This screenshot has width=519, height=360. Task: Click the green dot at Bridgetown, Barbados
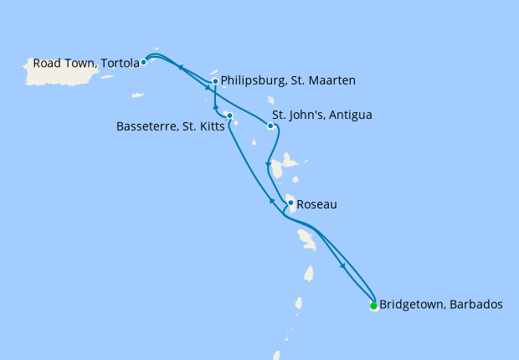pyautogui.click(x=373, y=306)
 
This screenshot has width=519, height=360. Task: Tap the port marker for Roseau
pyautogui.click(x=290, y=203)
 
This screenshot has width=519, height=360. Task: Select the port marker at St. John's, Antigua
pyautogui.click(x=270, y=126)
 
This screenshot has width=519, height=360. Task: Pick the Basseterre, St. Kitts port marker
pyautogui.click(x=229, y=116)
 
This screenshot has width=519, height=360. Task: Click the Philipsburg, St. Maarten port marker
pyautogui.click(x=215, y=81)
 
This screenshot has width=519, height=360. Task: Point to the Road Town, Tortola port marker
pyautogui.click(x=144, y=62)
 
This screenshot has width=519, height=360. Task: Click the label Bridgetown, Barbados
pyautogui.click(x=441, y=306)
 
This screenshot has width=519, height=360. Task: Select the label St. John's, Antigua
pyautogui.click(x=322, y=115)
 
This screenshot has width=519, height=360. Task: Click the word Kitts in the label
pyautogui.click(x=207, y=127)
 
